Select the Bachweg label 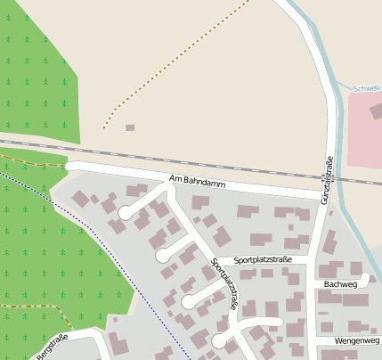(x=340, y=283)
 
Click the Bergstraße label (x=53, y=347)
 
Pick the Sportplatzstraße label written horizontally (x=263, y=260)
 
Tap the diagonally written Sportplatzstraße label (x=224, y=283)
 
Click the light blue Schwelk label (x=367, y=88)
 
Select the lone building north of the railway (x=130, y=127)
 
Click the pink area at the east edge (x=365, y=129)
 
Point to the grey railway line (x=223, y=162)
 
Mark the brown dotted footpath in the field (x=178, y=62)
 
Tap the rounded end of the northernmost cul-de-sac (x=126, y=214)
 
